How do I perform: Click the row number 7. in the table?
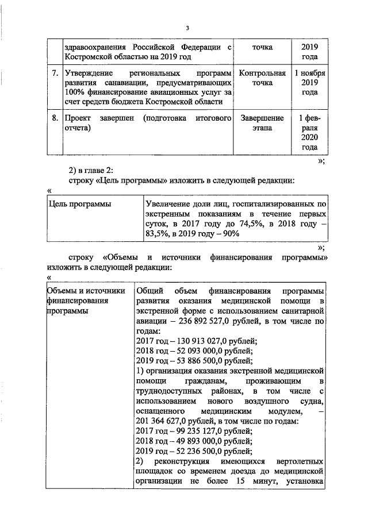pos(54,75)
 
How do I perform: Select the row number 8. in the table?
pos(54,118)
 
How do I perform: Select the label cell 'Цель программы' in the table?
pos(80,203)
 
